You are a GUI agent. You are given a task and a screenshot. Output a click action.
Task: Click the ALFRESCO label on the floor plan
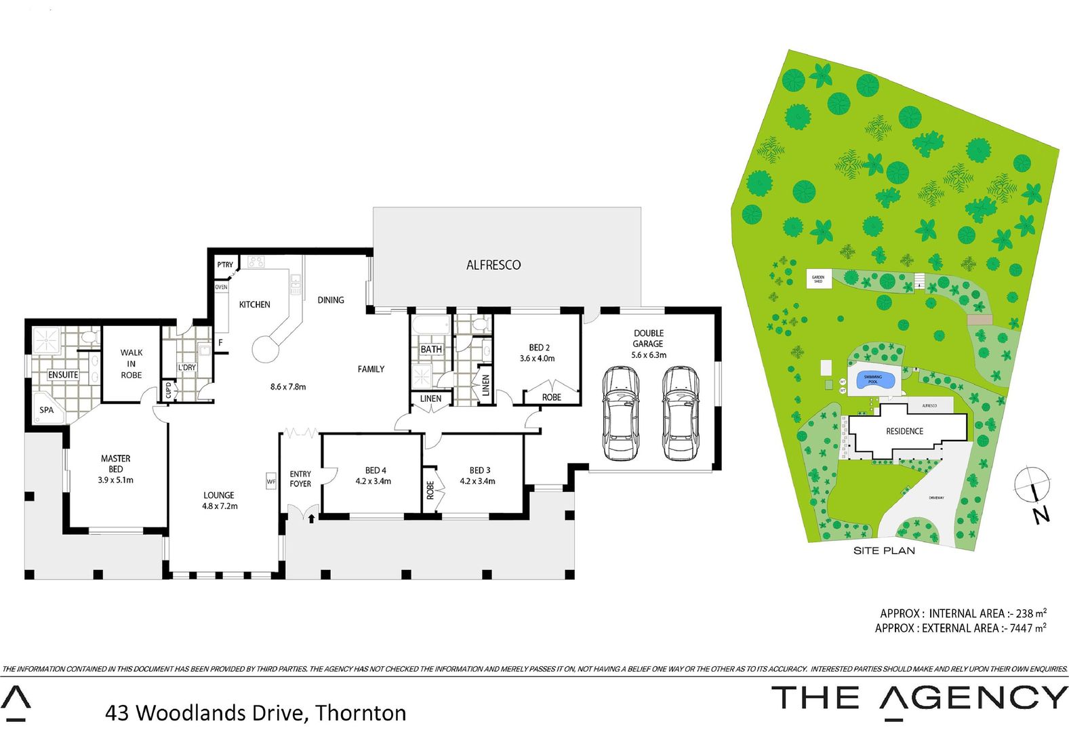[x=493, y=265]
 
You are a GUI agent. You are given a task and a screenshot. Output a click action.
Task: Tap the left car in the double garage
[x=620, y=413]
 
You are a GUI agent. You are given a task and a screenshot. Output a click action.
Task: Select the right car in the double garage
[x=681, y=413]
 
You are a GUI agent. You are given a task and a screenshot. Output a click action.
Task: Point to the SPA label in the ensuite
[x=46, y=410]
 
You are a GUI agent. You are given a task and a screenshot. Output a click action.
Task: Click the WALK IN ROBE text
[x=132, y=363]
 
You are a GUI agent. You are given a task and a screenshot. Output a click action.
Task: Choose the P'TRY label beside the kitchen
[x=224, y=264]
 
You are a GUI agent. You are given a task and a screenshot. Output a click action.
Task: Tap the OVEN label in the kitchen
[x=221, y=287]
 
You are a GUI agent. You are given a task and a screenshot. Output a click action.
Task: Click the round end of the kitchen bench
[x=265, y=350]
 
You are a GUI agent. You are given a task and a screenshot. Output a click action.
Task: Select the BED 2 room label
[x=539, y=348]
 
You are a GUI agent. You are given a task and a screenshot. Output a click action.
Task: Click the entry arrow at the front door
[x=311, y=519]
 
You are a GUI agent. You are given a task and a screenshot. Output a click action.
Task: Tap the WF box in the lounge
[x=271, y=481]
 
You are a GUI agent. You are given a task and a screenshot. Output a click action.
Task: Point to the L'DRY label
[x=187, y=367]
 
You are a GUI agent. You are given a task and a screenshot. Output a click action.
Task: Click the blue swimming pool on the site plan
[x=873, y=380]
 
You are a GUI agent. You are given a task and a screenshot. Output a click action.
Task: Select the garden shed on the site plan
[x=818, y=279]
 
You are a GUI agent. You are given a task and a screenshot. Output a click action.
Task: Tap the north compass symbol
[x=1030, y=484]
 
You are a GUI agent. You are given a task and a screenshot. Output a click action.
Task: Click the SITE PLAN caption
[x=884, y=550]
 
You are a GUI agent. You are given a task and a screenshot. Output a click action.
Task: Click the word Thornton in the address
[x=361, y=713]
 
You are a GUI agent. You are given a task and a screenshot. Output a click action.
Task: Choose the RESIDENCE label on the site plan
[x=904, y=431]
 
